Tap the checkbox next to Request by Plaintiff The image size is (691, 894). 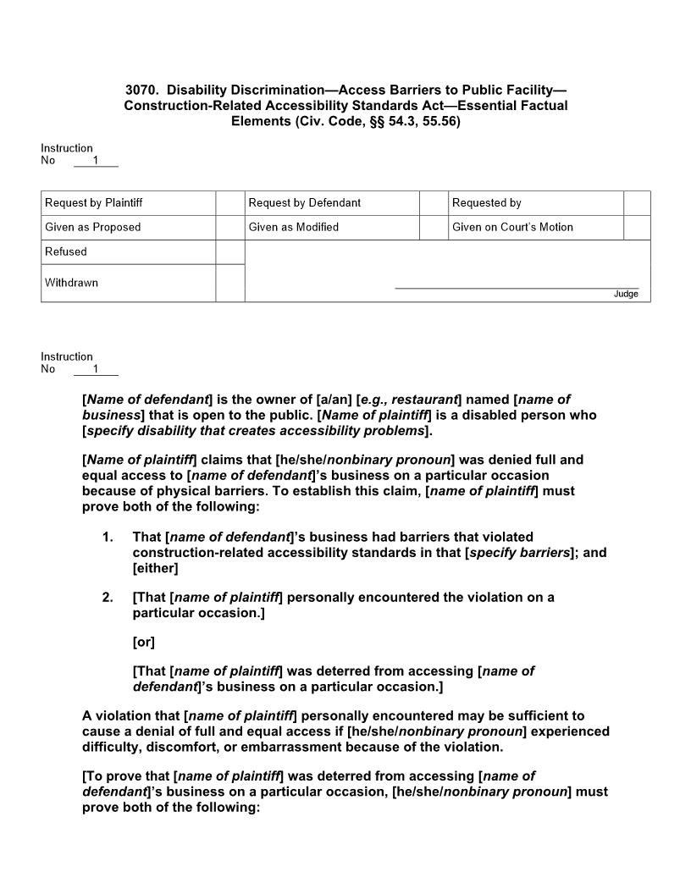tap(229, 203)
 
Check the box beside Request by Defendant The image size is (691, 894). tap(434, 203)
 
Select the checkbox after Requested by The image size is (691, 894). tap(637, 203)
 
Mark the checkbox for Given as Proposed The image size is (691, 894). tap(229, 228)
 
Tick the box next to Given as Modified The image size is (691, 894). tap(434, 228)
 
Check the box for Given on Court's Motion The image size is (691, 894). tap(637, 228)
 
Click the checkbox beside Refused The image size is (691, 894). tap(229, 252)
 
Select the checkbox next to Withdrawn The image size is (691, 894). tap(229, 283)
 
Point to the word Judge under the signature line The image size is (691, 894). tap(626, 294)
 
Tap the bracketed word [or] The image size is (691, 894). tap(144, 642)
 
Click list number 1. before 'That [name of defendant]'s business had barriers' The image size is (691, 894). tap(108, 538)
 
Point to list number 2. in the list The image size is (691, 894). tap(108, 598)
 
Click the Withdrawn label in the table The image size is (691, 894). tap(71, 283)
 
